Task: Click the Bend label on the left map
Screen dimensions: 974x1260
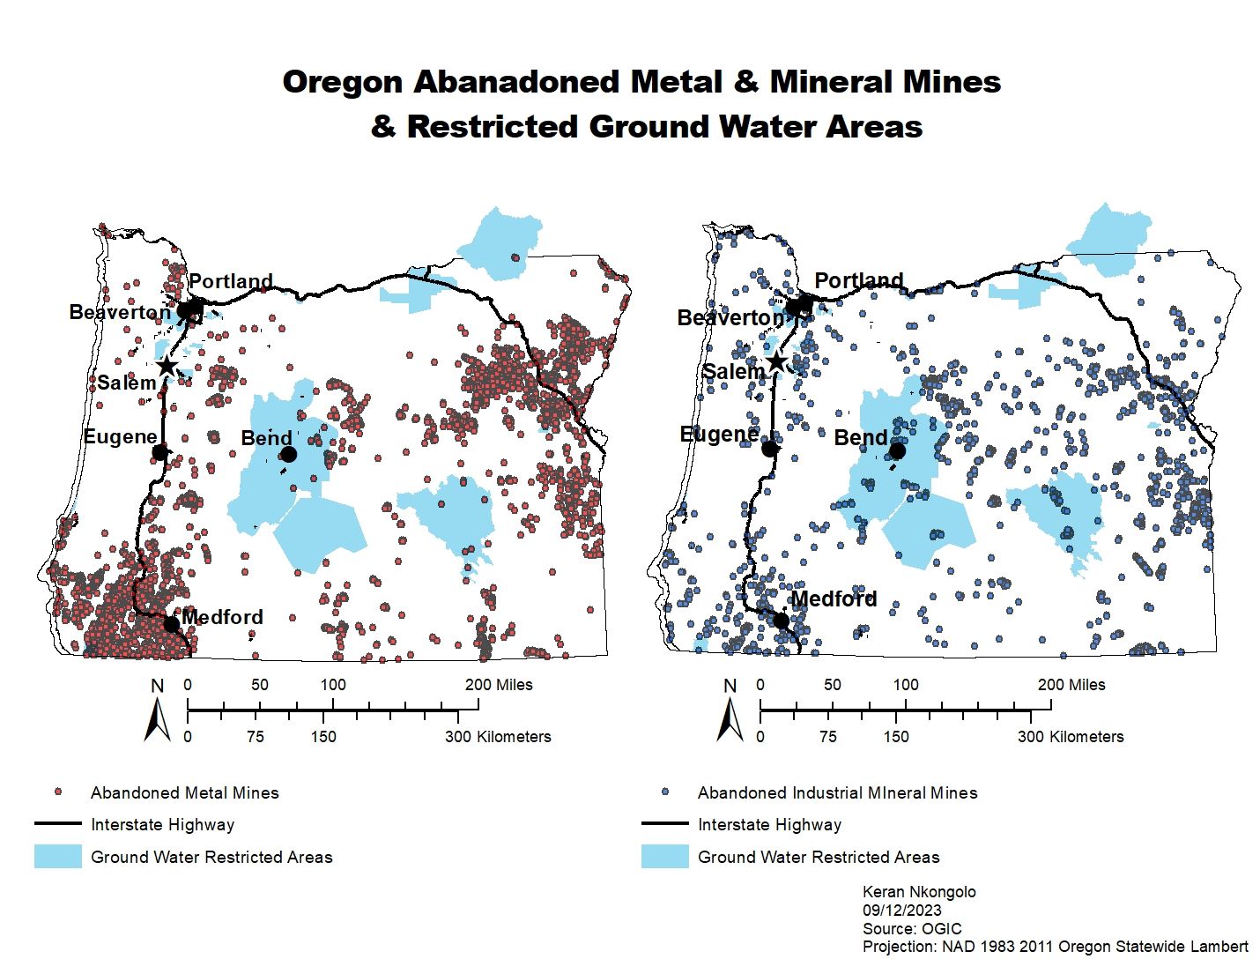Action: [266, 439]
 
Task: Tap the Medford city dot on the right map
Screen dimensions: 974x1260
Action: [781, 621]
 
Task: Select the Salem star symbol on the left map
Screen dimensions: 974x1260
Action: [166, 366]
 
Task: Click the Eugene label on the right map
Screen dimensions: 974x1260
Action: [719, 435]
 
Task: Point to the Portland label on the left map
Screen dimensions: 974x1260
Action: [231, 281]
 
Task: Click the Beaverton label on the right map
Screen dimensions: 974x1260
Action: [730, 317]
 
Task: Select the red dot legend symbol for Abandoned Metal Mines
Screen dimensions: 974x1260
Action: [58, 792]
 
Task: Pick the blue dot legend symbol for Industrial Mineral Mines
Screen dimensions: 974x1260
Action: [665, 792]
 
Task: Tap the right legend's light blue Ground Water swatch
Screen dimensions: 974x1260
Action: [664, 856]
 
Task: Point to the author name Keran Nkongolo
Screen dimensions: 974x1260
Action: [919, 892]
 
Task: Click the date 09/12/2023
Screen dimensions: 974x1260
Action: [901, 911]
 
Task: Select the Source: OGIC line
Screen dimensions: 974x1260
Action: [912, 929]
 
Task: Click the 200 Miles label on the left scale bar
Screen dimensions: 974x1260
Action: [499, 685]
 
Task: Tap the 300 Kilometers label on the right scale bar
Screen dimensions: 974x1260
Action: [1071, 737]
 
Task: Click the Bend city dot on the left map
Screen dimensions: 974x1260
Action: [288, 454]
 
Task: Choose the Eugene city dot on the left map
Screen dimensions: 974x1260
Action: [159, 452]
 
